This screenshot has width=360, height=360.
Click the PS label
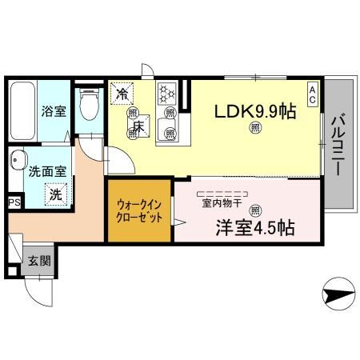[x=14, y=204]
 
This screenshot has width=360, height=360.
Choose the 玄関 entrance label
[x=38, y=260]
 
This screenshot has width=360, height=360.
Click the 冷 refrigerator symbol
[x=122, y=94]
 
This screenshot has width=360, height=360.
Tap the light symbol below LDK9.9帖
[x=255, y=129]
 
